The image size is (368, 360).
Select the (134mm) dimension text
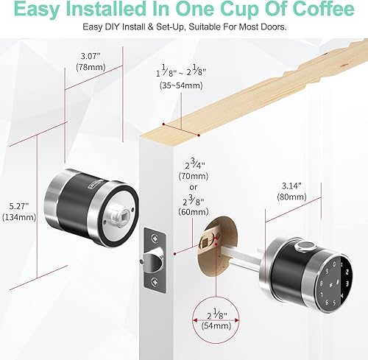pos(13,217)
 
